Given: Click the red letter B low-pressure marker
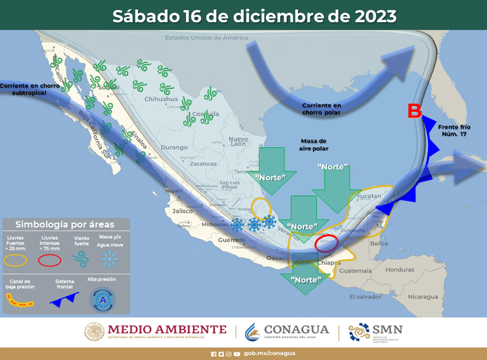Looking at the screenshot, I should (x=414, y=112).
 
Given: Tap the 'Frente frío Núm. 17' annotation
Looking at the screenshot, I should (x=456, y=131).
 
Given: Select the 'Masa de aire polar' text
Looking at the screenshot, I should (x=312, y=144).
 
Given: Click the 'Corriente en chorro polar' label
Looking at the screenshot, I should (x=321, y=109).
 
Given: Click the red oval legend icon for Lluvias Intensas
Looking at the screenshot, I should (x=50, y=259).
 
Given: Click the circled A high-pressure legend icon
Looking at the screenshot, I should (x=102, y=299).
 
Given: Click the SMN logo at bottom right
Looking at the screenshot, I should (x=376, y=331).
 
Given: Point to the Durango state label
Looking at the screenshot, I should (x=157, y=147).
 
